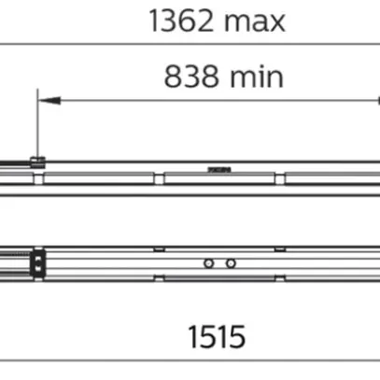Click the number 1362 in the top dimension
click(x=179, y=21)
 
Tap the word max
click(x=253, y=21)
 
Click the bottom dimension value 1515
click(x=215, y=335)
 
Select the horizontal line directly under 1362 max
click(x=187, y=43)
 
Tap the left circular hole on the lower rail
click(x=211, y=263)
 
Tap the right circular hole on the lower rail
click(x=230, y=263)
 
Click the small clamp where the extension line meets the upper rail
click(x=37, y=163)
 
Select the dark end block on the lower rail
click(x=37, y=262)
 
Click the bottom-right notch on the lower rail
click(x=276, y=277)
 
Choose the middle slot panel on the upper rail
click(x=224, y=176)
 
